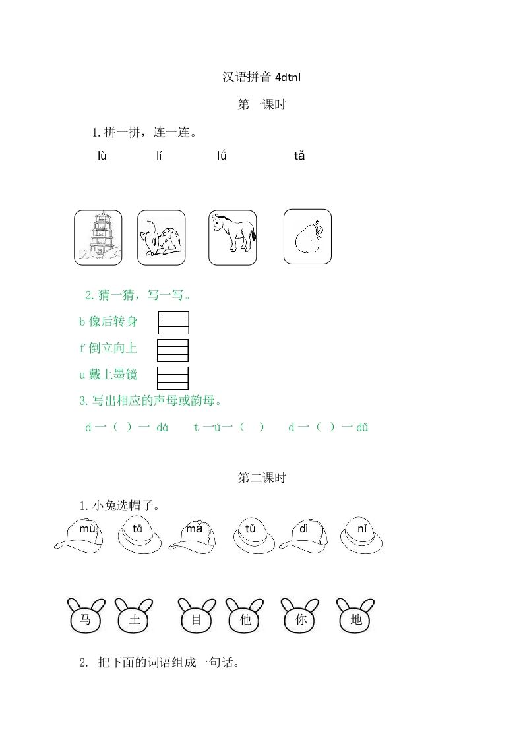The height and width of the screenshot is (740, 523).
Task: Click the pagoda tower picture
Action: point(98,237)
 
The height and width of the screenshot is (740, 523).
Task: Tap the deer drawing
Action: point(161,237)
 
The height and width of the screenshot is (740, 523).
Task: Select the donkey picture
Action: point(233,237)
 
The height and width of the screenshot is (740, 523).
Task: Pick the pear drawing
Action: point(307,237)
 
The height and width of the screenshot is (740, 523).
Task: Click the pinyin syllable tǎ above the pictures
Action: point(299,156)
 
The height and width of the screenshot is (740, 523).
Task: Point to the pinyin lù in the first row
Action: point(102,156)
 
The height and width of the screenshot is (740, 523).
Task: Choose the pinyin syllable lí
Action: point(159,156)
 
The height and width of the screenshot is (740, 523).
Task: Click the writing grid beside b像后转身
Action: point(173,323)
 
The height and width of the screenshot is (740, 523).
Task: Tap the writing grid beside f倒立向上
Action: point(173,350)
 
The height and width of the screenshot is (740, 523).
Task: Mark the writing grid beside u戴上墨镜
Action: point(173,378)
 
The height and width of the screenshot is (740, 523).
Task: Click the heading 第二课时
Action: point(261,478)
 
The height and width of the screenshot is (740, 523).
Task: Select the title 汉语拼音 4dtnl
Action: point(262,77)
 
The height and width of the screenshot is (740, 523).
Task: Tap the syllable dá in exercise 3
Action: point(162,427)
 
